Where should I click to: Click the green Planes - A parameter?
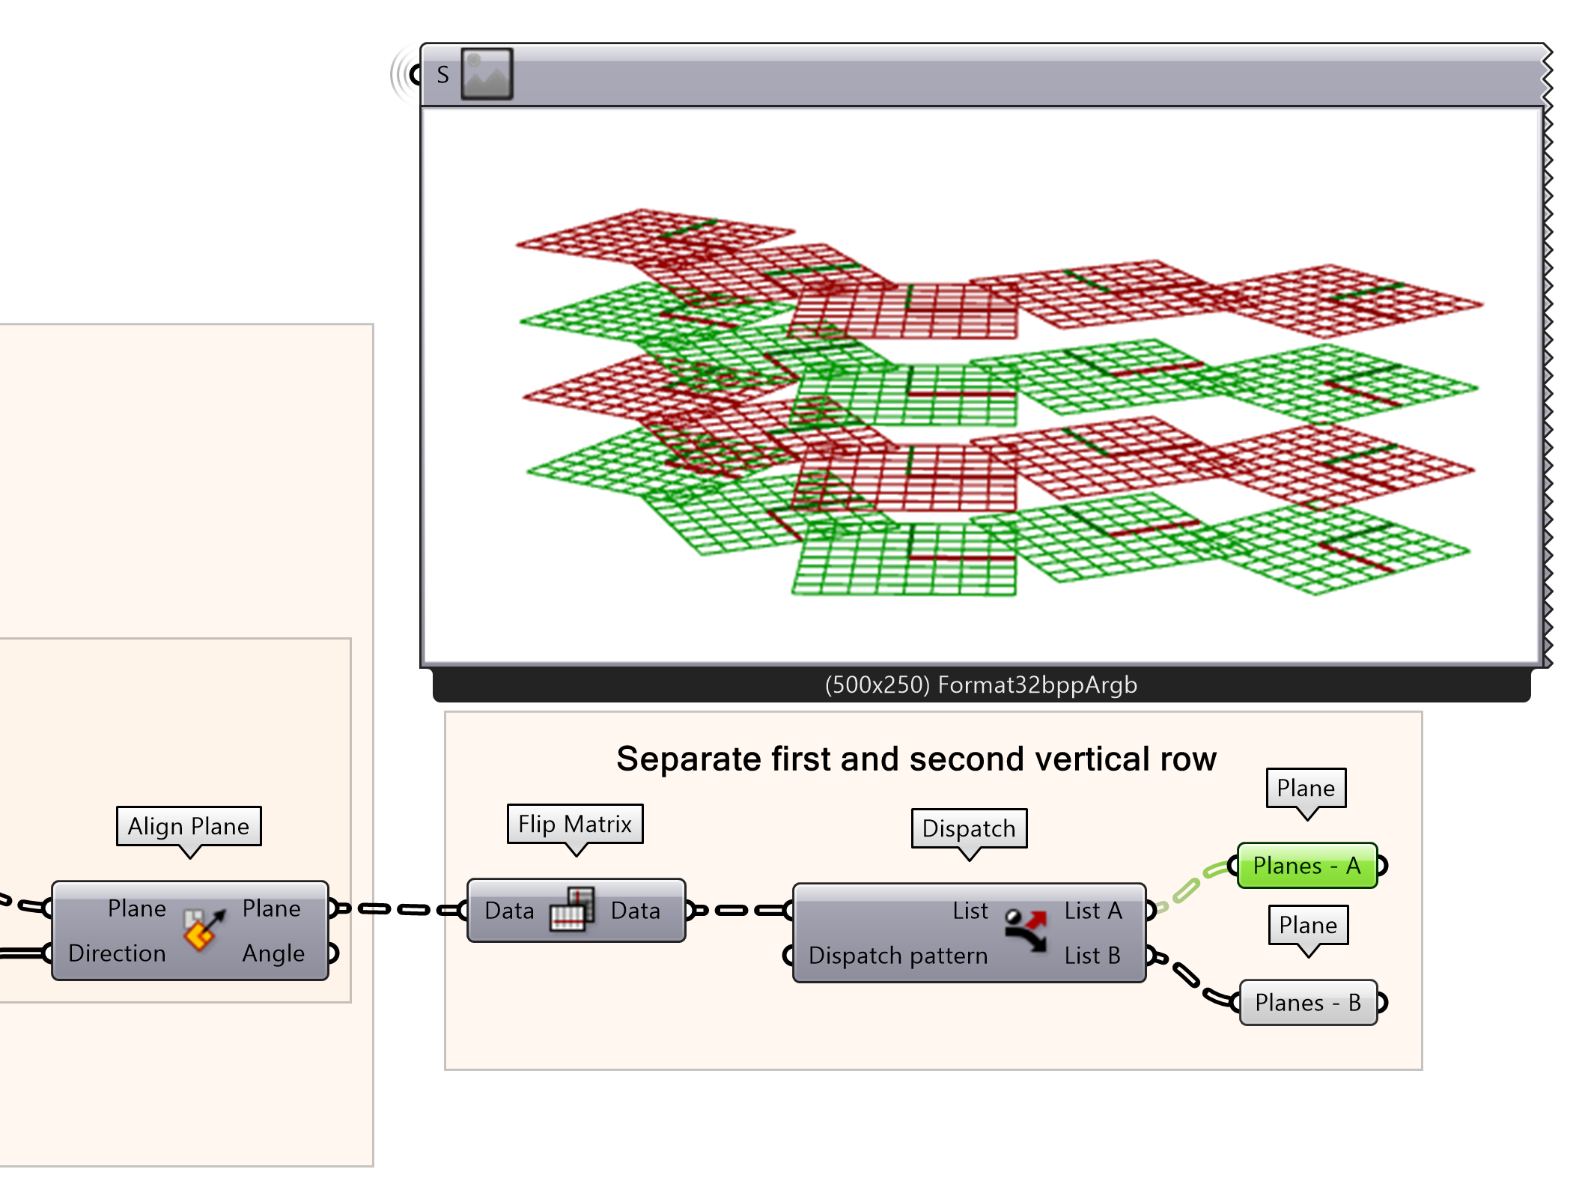pyautogui.click(x=1306, y=866)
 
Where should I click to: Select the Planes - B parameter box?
pyautogui.click(x=1308, y=1003)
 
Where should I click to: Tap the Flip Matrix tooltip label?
pyautogui.click(x=574, y=825)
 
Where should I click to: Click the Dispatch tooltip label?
pyautogui.click(x=969, y=828)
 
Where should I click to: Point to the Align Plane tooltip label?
pyautogui.click(x=189, y=826)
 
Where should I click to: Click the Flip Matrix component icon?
pyautogui.click(x=573, y=910)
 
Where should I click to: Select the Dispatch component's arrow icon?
pyautogui.click(x=1026, y=931)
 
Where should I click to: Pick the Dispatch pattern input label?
pyautogui.click(x=898, y=956)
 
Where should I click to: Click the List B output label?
pyautogui.click(x=1092, y=956)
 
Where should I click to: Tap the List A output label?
pyautogui.click(x=1092, y=911)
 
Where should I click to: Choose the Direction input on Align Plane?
pyautogui.click(x=117, y=953)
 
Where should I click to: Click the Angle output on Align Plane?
pyautogui.click(x=273, y=953)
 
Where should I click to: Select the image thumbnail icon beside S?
pyautogui.click(x=487, y=74)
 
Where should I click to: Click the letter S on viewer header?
pyautogui.click(x=442, y=75)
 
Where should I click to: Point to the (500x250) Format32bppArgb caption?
pyautogui.click(x=981, y=685)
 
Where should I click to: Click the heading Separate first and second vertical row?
pyautogui.click(x=916, y=759)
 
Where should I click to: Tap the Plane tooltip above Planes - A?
pyautogui.click(x=1306, y=789)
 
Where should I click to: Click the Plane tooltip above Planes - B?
pyautogui.click(x=1308, y=926)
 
